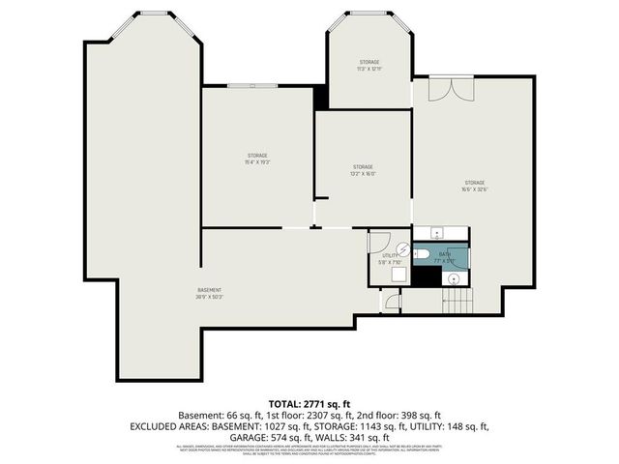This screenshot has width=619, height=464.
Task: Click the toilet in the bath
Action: point(422,255)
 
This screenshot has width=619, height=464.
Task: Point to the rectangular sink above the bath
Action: point(435,233)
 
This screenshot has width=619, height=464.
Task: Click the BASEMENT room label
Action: point(210,290)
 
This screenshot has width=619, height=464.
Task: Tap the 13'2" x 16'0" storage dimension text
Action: point(363,174)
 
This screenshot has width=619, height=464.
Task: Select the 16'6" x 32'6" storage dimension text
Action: point(474,189)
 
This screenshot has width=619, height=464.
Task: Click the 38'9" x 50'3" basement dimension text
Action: point(210,297)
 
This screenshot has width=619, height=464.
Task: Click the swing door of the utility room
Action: point(380,239)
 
